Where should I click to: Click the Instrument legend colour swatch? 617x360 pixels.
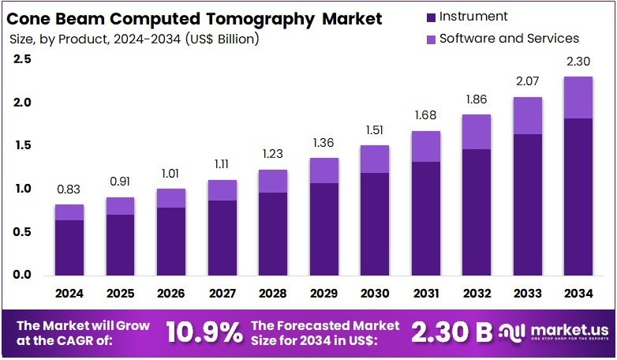(x=429, y=17)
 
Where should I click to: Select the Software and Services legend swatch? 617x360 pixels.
(x=429, y=39)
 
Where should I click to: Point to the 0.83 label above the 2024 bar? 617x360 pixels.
(x=69, y=189)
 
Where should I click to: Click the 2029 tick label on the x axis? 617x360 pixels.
(x=323, y=294)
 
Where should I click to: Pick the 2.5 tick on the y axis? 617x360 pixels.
(x=23, y=59)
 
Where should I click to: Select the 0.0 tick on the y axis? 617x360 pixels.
(x=23, y=275)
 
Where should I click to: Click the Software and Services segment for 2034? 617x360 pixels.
(x=578, y=97)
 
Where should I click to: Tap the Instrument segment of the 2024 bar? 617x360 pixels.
(x=69, y=248)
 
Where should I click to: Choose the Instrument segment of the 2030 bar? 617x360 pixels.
(x=375, y=224)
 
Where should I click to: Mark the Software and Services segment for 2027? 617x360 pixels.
(x=222, y=190)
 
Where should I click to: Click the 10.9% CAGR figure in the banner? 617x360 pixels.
(x=204, y=332)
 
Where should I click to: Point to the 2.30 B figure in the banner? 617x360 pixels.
(x=453, y=332)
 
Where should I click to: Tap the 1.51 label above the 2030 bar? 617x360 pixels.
(x=375, y=129)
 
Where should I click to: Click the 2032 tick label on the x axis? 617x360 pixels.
(x=477, y=294)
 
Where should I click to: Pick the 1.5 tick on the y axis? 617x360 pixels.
(x=23, y=145)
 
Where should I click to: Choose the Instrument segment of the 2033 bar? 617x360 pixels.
(x=527, y=205)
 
